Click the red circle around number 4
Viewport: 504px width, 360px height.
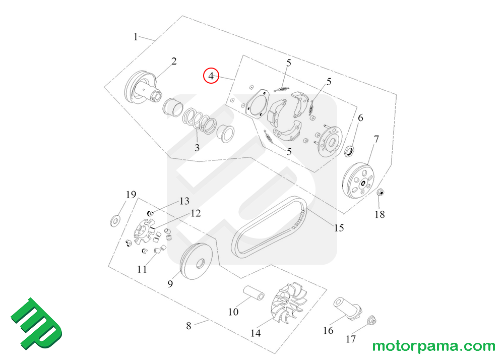[211, 76]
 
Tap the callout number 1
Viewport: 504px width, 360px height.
[136, 37]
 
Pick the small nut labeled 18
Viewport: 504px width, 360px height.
[381, 192]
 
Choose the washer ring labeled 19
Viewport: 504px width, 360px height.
[115, 220]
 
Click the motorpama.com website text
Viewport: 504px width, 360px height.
[433, 346]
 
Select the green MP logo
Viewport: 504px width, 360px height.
[36, 324]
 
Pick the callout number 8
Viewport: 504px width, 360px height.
[189, 326]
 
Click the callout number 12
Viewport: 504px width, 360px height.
[195, 213]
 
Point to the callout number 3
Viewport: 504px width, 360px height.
[197, 148]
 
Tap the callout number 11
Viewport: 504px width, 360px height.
[142, 269]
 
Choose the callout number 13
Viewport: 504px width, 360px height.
[183, 201]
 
